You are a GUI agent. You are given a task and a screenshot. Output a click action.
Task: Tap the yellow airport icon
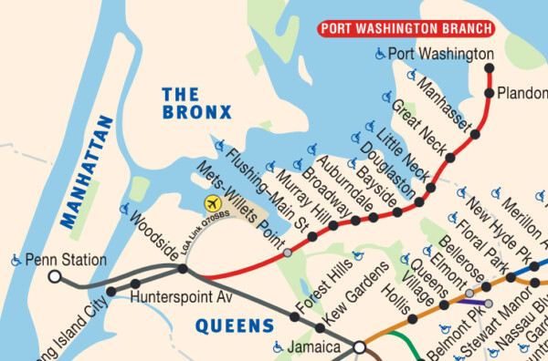tap(213, 202)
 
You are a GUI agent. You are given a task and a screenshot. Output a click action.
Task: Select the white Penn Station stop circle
tap(54, 275)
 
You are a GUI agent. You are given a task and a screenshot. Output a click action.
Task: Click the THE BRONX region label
tap(195, 102)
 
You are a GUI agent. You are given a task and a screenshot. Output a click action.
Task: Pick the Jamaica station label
tap(316, 347)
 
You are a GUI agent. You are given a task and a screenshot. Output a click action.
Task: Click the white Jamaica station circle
tap(360, 347)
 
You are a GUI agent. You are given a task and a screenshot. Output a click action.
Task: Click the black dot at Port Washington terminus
tap(490, 67)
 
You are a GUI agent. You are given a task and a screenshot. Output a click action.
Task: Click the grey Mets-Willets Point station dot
tap(288, 253)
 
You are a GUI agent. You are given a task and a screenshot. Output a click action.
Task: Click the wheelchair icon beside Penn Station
tap(16, 261)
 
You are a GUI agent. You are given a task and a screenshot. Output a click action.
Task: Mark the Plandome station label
tap(521, 93)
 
